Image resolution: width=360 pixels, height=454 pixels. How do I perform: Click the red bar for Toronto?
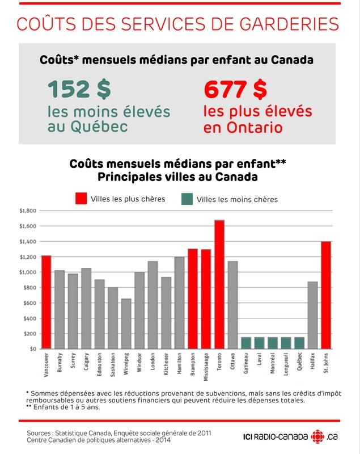click(x=219, y=284)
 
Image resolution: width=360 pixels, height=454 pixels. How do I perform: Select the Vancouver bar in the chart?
click(x=46, y=302)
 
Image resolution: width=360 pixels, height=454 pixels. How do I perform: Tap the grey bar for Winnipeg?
click(x=126, y=323)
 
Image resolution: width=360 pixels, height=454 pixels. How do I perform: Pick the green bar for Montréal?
click(x=273, y=343)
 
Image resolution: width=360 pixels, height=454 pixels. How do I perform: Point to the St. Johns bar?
click(x=326, y=295)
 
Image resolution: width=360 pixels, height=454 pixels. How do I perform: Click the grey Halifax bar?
click(x=312, y=315)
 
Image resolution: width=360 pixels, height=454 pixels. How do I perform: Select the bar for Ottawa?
click(x=233, y=305)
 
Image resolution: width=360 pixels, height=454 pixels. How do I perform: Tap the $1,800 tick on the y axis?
click(x=28, y=211)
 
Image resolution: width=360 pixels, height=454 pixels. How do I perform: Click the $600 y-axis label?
click(x=30, y=303)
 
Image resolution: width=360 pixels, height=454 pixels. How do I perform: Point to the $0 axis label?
click(x=33, y=349)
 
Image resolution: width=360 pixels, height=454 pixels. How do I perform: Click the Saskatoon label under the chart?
click(x=113, y=364)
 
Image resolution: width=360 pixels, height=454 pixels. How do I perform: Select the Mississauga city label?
click(x=206, y=367)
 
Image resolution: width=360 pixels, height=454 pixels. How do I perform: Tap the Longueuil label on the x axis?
click(x=286, y=364)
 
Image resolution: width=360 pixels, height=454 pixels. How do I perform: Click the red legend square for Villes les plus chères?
click(x=81, y=199)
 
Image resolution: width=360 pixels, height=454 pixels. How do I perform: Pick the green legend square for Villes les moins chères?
click(x=187, y=199)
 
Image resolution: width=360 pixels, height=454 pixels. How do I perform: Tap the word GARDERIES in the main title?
click(x=289, y=24)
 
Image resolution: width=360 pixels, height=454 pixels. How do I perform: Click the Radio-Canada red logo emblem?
click(x=318, y=436)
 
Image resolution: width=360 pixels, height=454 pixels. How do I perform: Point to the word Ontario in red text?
click(x=255, y=127)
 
